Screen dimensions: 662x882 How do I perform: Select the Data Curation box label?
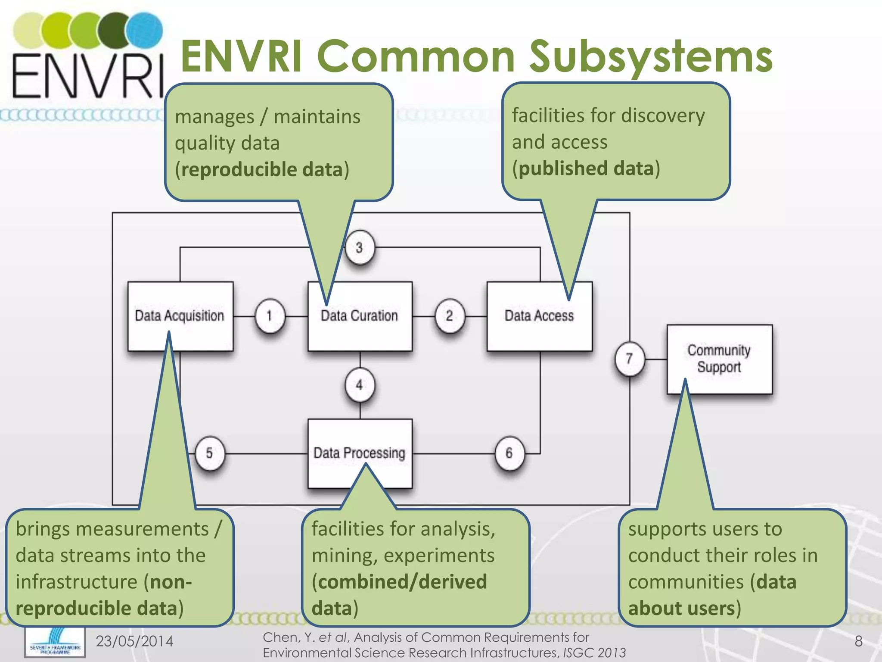(359, 316)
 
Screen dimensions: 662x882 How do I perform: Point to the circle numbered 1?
(270, 316)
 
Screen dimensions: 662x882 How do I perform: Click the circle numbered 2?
(449, 316)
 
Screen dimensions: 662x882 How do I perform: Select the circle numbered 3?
(359, 248)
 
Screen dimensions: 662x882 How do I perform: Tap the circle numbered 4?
(359, 385)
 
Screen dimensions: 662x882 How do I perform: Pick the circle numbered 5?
(209, 453)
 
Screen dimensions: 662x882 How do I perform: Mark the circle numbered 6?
(509, 453)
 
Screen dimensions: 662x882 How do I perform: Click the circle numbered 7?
(629, 359)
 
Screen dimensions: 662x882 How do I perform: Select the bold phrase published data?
(586, 169)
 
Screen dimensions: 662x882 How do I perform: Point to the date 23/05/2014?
(134, 641)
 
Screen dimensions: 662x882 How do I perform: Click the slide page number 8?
(858, 641)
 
